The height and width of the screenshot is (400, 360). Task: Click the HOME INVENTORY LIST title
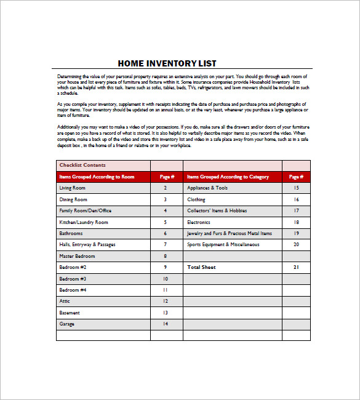pos(167,63)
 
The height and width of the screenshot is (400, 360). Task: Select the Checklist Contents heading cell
pos(82,165)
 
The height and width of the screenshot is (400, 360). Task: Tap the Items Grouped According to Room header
pos(97,177)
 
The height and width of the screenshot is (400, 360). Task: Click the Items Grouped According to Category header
pos(228,177)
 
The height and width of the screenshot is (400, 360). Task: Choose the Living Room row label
pos(72,188)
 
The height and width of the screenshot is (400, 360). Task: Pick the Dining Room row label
pos(73,199)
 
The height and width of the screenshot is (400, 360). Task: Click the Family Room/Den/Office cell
pos(85,210)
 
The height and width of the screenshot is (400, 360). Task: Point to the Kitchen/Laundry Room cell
pos(84,222)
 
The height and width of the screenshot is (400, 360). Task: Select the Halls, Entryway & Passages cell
pos(87,244)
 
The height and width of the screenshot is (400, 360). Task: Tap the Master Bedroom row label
pos(77,256)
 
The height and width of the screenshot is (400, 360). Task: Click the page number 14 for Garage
pos(165,324)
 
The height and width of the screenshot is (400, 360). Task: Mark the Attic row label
pos(65,301)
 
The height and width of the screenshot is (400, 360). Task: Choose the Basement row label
pos(69,313)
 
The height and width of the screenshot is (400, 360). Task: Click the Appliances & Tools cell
pos(207,188)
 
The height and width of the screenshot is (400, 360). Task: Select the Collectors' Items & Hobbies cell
pos(217,210)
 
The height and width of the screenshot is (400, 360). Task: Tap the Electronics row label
pos(199,222)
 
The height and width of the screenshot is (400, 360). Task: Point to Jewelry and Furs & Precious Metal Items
pos(230,233)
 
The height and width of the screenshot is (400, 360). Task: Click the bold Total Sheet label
pos(201,267)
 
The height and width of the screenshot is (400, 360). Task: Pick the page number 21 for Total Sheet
pos(296,267)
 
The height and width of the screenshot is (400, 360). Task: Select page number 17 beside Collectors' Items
pos(296,210)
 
